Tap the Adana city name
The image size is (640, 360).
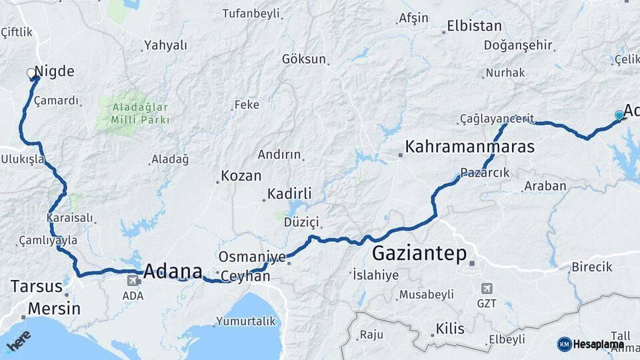[x=173, y=271]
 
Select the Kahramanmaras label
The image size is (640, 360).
[x=469, y=147]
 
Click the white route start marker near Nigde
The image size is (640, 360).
[x=31, y=73]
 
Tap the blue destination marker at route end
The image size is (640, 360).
[x=619, y=115]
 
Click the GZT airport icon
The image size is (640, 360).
[x=487, y=288]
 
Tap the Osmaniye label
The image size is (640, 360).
[x=253, y=257]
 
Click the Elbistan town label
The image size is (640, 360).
[x=474, y=27]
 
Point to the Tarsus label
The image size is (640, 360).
[x=37, y=287]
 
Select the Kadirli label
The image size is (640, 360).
[x=289, y=194]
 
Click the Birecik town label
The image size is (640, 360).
[x=591, y=267]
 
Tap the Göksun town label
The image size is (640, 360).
[x=304, y=59]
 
